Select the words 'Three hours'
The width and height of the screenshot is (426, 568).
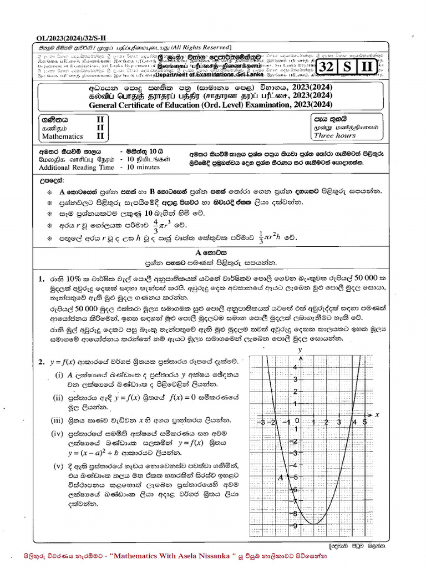[x=334, y=135]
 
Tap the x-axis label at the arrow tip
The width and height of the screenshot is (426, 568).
[x=377, y=414]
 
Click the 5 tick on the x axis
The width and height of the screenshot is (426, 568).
[x=364, y=422]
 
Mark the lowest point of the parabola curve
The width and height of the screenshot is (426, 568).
[x=313, y=524]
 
